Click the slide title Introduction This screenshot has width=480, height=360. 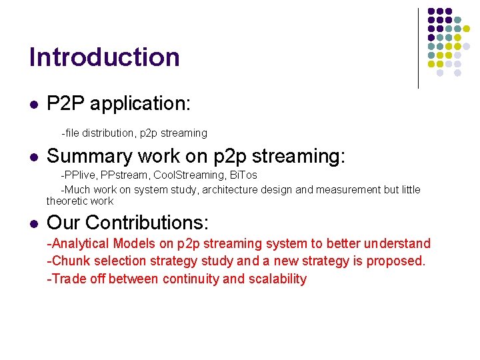pos(104,57)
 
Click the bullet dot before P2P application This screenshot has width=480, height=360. pos(33,105)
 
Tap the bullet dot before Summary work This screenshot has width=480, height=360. pos(33,157)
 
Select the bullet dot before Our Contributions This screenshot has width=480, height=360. pos(33,223)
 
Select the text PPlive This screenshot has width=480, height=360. pos(79,175)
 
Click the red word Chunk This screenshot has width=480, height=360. pos(67,261)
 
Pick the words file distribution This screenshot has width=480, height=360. pos(100,133)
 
